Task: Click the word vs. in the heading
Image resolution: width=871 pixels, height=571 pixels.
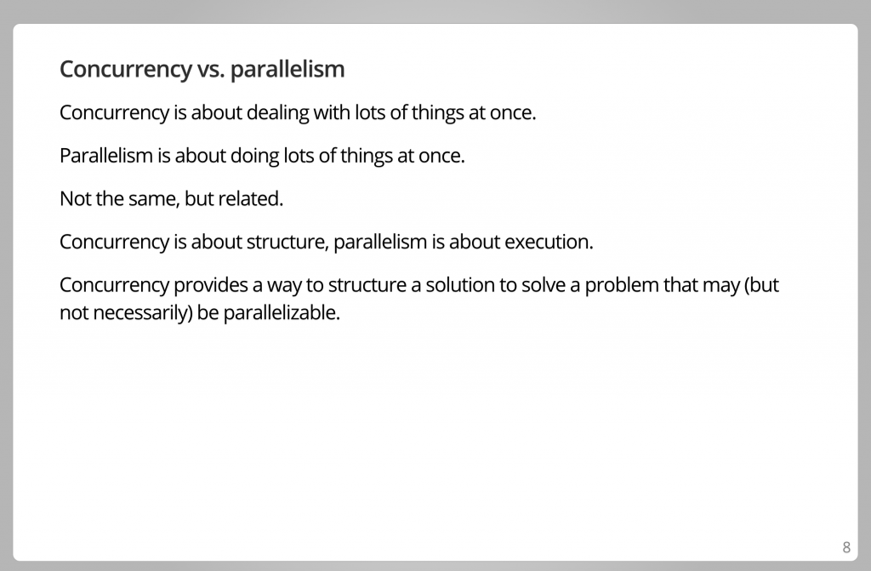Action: tap(211, 70)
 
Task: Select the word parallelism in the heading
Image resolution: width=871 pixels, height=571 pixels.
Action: tap(287, 69)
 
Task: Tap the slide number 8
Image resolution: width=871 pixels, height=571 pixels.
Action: tap(846, 548)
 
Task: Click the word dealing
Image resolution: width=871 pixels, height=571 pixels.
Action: tap(278, 113)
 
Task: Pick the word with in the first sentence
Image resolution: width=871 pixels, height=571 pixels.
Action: tap(332, 112)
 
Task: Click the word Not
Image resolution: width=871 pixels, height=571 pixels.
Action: tap(75, 198)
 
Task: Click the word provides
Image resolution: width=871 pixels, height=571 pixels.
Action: tap(211, 285)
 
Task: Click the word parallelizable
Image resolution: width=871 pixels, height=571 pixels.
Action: tap(281, 313)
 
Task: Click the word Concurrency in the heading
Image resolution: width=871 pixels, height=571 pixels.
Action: tap(126, 70)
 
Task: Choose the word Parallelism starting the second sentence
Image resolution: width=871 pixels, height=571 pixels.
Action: tap(106, 156)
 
